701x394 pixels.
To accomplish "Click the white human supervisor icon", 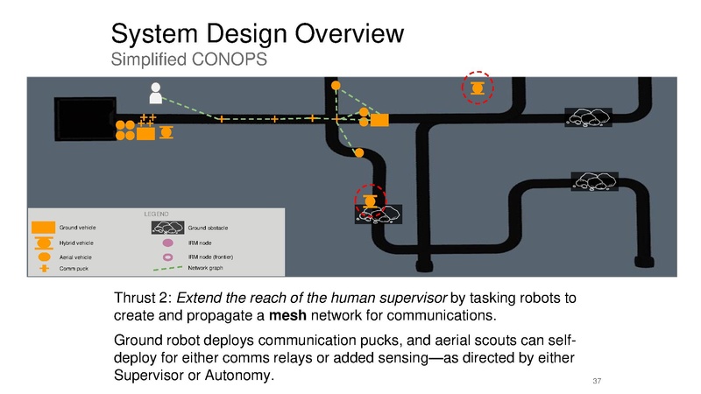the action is point(156,93).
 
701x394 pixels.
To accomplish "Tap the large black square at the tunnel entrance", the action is point(85,119).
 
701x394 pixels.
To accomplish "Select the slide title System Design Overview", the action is point(257,33).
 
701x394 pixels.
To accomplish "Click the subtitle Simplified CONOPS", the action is point(188,60).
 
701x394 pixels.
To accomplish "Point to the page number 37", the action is point(597,381).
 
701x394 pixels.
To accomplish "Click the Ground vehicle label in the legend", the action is point(77,228).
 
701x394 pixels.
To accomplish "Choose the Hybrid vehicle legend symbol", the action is point(43,243).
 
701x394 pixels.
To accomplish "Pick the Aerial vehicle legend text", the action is point(75,257).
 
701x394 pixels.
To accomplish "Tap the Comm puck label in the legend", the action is point(74,269).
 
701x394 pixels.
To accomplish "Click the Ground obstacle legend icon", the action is point(167,228).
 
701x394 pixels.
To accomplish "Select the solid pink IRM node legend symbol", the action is point(167,243).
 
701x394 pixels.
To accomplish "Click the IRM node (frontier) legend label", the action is point(210,257).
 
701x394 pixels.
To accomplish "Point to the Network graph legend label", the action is point(205,268).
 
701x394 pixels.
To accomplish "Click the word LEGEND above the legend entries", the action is point(156,214).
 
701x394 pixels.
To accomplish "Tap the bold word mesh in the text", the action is point(287,315).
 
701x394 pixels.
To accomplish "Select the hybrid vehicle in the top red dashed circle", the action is point(478,88).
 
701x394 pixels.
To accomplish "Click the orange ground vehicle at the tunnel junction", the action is point(379,120).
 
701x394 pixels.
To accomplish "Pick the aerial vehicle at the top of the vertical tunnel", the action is point(336,85).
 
